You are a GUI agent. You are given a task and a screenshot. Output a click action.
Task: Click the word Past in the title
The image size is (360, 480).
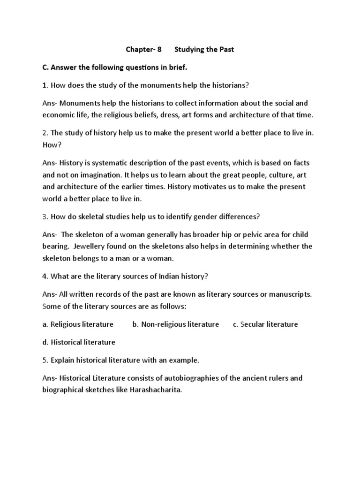(224, 49)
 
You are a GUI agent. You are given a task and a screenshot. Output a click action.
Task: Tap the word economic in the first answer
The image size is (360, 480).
(58, 115)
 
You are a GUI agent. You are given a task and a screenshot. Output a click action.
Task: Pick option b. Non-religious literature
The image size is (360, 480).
(176, 324)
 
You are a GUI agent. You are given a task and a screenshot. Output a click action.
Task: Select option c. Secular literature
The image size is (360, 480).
(265, 324)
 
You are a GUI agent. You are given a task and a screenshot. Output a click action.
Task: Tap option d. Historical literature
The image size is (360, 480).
(79, 342)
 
